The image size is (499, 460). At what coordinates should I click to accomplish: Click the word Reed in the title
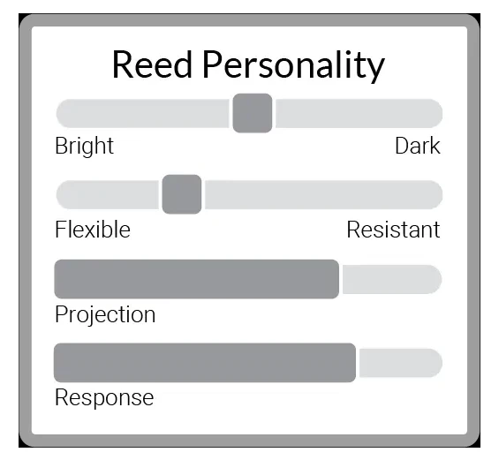[152, 64]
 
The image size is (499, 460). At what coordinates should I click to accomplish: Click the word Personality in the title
[294, 67]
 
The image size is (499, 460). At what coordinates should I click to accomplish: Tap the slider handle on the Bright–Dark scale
[253, 113]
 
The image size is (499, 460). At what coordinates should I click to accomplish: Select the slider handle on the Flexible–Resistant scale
[182, 194]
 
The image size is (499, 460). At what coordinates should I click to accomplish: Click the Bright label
[84, 146]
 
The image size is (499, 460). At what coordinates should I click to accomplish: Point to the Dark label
[418, 146]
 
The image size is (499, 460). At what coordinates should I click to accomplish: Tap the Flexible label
[93, 230]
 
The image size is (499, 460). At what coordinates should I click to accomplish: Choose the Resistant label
[393, 230]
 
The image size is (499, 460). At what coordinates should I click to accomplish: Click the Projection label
[105, 314]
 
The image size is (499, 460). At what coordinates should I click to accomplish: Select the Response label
[104, 397]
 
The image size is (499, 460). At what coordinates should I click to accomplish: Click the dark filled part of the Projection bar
[197, 279]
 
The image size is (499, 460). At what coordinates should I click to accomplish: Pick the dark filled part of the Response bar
[205, 363]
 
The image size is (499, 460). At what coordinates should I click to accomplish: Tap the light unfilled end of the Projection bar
[392, 279]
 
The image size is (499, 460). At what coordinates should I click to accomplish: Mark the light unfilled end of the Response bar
[401, 363]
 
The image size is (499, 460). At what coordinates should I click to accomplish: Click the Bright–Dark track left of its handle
[142, 113]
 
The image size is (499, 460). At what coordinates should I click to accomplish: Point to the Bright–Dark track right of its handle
[359, 113]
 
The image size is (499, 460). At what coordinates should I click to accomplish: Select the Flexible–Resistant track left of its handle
[107, 195]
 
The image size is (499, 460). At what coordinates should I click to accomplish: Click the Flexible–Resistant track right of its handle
[324, 195]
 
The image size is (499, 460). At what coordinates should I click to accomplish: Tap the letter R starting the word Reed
[122, 64]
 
